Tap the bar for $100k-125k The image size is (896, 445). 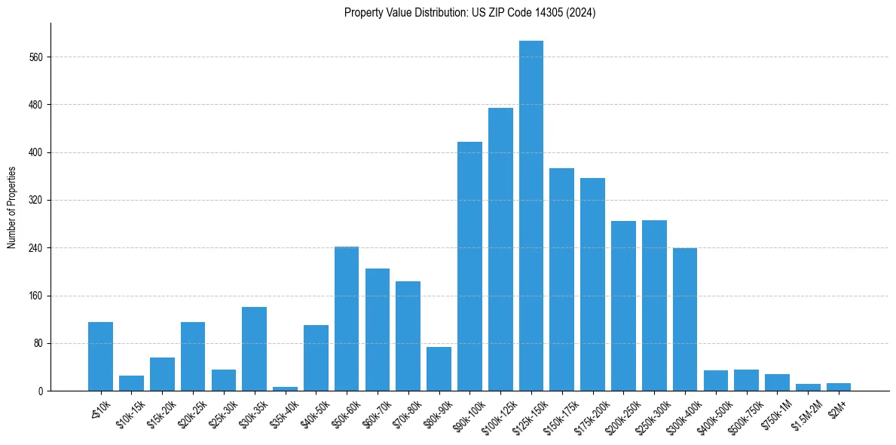(500, 250)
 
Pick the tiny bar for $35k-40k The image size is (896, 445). (285, 388)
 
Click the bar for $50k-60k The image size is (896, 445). (347, 319)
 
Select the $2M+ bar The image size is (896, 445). (839, 387)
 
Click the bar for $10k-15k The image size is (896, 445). (131, 383)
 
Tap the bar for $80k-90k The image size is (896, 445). (439, 369)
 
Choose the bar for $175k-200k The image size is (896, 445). (592, 284)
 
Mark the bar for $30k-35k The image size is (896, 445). (254, 349)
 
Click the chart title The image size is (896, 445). (469, 13)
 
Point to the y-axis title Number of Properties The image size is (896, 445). (11, 207)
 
